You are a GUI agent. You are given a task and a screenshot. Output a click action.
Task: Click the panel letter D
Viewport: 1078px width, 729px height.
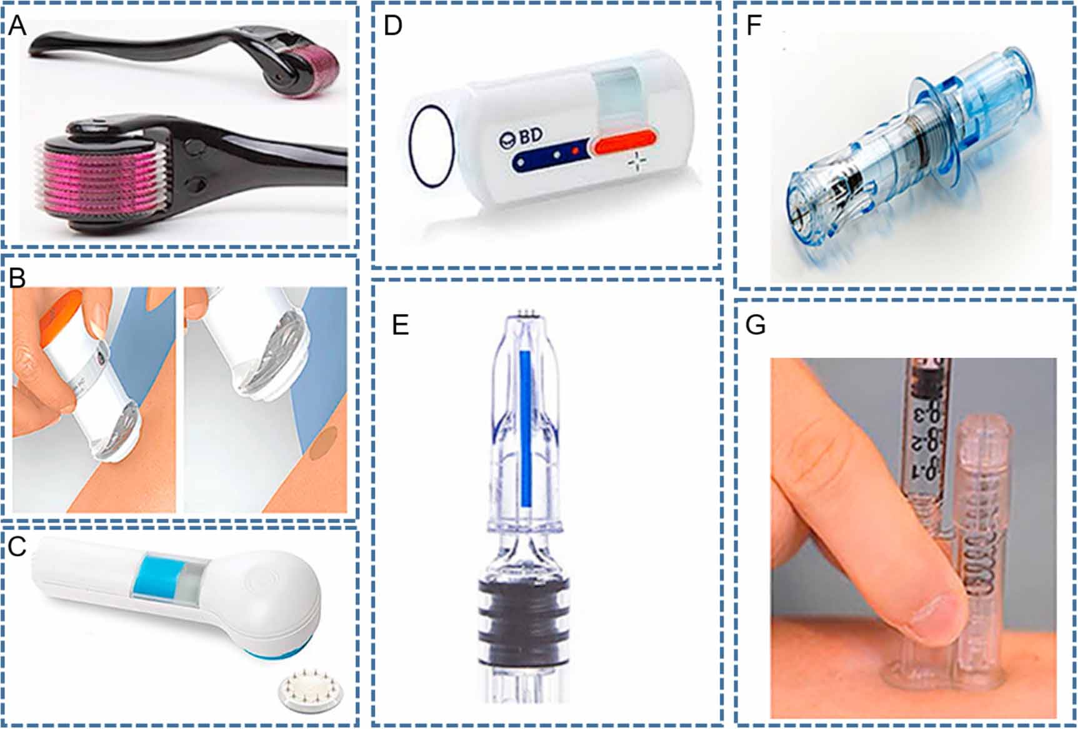click(392, 26)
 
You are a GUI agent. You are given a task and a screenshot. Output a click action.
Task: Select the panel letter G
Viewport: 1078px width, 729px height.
click(756, 325)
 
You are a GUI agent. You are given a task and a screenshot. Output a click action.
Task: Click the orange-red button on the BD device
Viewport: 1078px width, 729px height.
click(625, 142)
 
